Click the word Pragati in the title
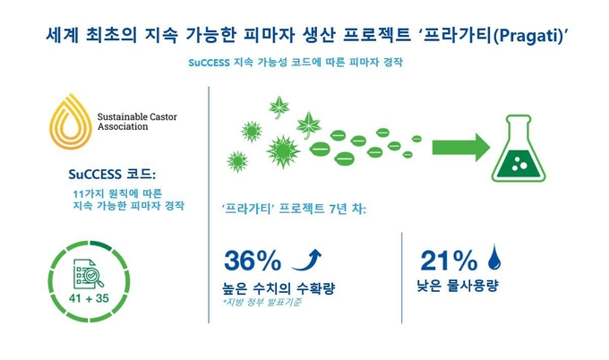[x=528, y=36]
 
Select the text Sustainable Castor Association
[x=137, y=122]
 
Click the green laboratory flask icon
[x=519, y=149]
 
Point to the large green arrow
[x=461, y=147]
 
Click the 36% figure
[x=253, y=261]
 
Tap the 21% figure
[x=449, y=261]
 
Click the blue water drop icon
[x=494, y=257]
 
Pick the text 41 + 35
[x=89, y=298]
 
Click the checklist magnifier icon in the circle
[x=89, y=275]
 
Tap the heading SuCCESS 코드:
[x=112, y=174]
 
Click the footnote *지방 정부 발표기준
[x=262, y=302]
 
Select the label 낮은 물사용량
[x=457, y=286]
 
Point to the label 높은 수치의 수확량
[x=279, y=287]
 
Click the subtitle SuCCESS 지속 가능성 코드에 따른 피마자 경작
[x=296, y=62]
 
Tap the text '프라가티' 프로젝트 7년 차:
[x=294, y=209]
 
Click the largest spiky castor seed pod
[x=283, y=151]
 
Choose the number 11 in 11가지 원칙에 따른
[x=79, y=193]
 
